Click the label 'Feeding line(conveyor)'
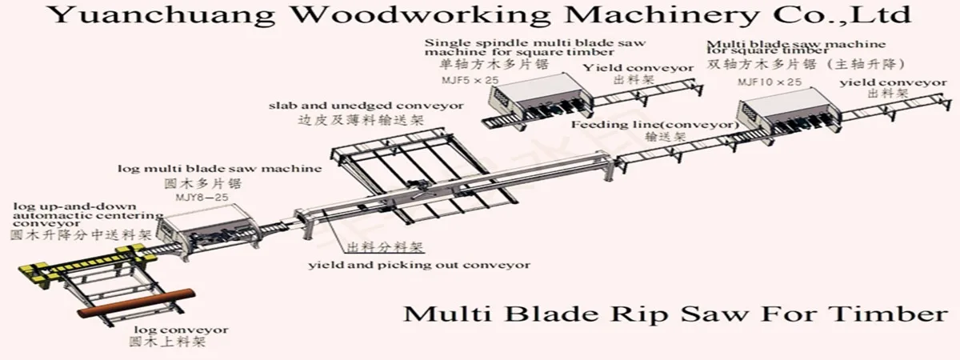(x=654, y=125)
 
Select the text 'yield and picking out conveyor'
(x=419, y=265)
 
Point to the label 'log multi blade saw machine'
(x=219, y=169)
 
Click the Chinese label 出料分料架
(x=384, y=247)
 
